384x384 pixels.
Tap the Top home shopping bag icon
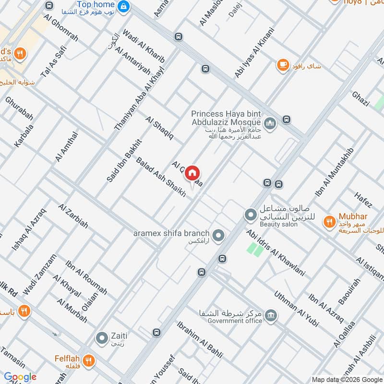click(x=124, y=6)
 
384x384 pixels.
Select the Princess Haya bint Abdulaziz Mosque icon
click(x=271, y=124)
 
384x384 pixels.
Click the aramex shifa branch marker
click(x=219, y=235)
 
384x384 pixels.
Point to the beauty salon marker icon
click(x=250, y=215)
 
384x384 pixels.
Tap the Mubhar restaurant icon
click(x=329, y=222)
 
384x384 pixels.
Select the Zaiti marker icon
click(x=102, y=338)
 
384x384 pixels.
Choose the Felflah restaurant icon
click(x=88, y=360)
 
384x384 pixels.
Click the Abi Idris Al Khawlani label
click(x=276, y=253)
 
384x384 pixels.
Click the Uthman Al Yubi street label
click(x=296, y=309)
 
